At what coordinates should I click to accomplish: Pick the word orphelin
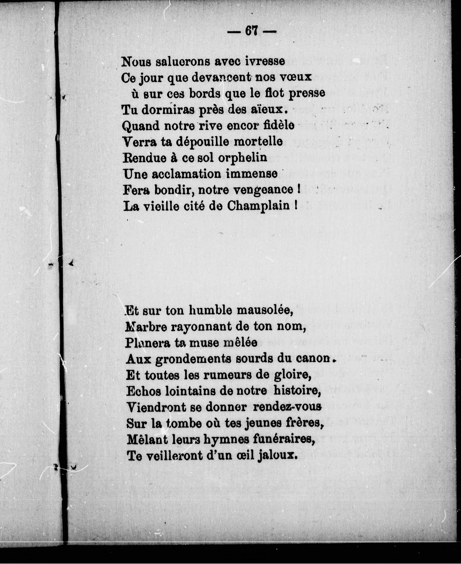[242, 158]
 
